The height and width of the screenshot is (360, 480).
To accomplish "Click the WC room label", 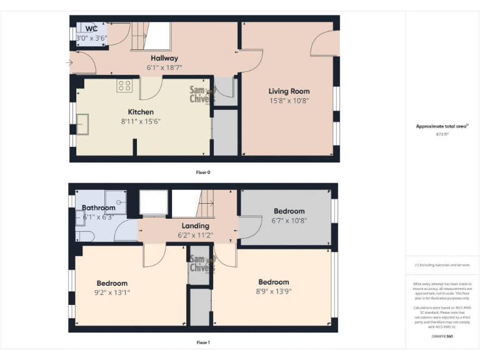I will coord(91,29).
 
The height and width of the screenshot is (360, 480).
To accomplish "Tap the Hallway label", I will coord(164,58).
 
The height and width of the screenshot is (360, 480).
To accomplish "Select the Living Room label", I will coord(289,91).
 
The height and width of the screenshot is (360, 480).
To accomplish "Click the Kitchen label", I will coord(141,112).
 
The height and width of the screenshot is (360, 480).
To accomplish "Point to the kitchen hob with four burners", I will coord(124,86).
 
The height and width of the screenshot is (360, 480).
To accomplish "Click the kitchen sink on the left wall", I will coord(82,124).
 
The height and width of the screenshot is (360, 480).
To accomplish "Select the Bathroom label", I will coord(99,207).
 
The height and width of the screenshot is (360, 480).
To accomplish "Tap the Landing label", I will coord(195,226).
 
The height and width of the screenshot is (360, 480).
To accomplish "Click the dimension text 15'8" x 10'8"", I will coord(289,100).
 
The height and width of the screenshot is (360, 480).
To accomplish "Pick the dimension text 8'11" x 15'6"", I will coord(141,121).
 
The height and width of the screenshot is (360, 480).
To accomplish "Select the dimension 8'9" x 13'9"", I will coord(274,291).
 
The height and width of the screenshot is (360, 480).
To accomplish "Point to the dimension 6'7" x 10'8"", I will coord(289,220).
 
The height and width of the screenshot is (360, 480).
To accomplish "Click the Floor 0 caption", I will coord(203,172).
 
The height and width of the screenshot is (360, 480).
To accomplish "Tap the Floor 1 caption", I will coord(203,342).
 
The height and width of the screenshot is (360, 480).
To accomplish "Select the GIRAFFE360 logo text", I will coord(443,337).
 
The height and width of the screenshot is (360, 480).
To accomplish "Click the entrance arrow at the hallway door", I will coord(69,62).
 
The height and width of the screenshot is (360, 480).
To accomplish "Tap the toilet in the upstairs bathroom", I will coord(84,235).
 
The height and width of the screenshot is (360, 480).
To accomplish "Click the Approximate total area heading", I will coord(442,126).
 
